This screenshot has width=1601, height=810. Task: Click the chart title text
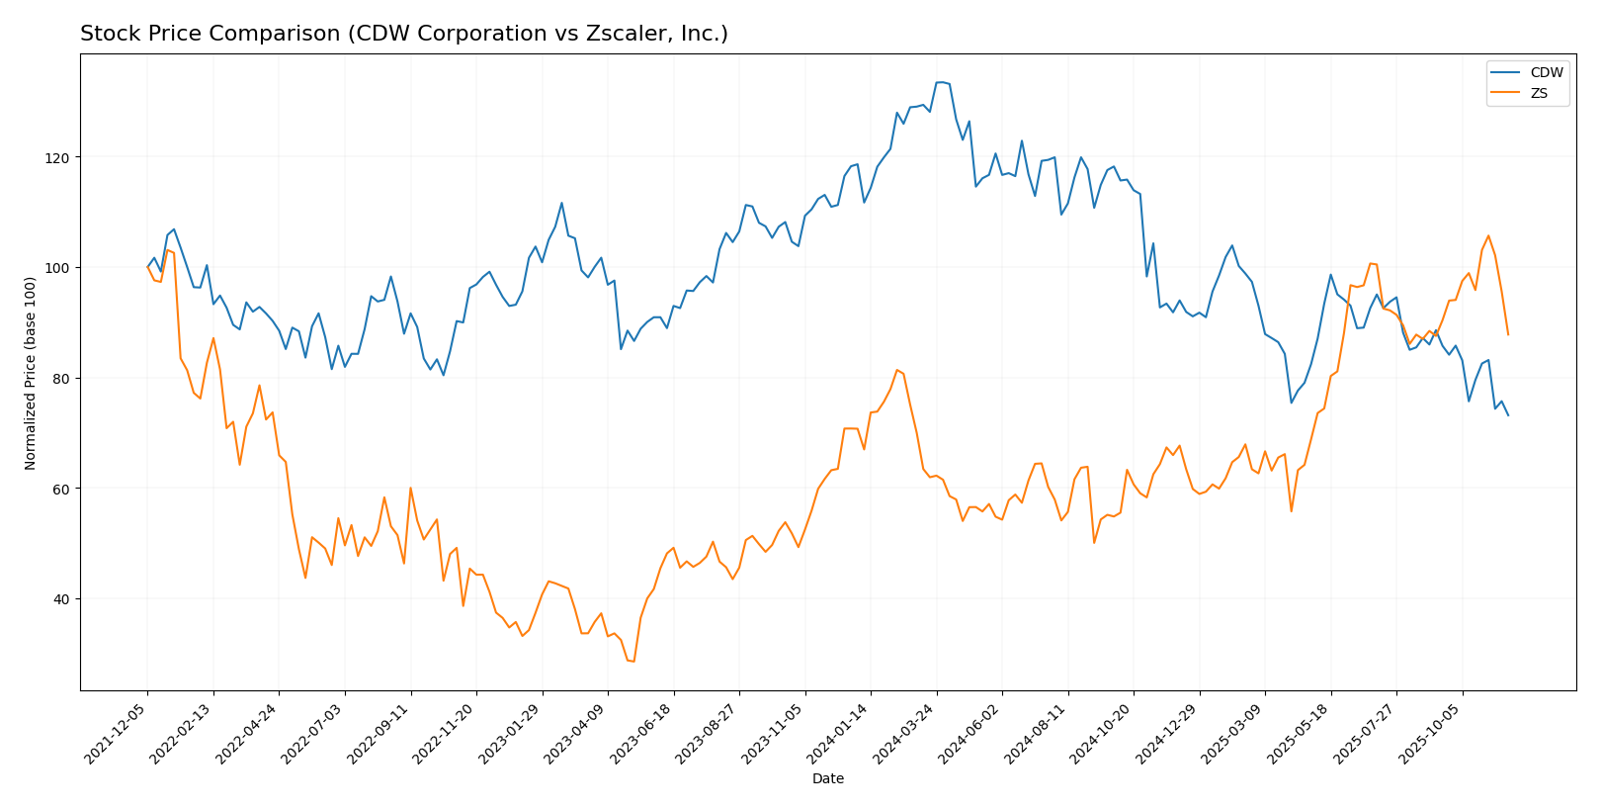403,35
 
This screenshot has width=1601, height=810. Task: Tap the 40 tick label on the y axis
62,599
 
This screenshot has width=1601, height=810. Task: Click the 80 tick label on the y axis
62,379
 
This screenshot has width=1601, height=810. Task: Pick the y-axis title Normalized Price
31,373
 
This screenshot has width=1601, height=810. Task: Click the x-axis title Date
828,779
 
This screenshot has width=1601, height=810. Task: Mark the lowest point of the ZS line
633,662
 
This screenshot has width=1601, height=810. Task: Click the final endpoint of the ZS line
1508,335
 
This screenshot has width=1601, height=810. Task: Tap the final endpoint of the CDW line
1508,415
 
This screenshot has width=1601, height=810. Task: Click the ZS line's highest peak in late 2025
1488,235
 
